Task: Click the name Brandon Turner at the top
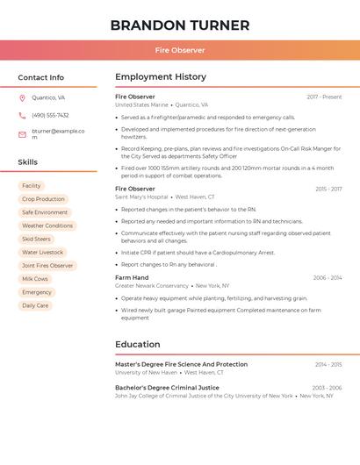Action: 180,25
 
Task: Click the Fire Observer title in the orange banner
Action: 180,50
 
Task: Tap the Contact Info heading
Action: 41,77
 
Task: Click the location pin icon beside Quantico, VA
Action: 22,98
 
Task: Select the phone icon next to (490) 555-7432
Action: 22,115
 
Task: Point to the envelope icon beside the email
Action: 22,134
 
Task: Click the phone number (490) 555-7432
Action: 50,115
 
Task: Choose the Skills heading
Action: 28,162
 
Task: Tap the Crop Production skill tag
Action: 43,199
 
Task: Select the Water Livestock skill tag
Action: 43,252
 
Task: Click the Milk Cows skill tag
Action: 35,279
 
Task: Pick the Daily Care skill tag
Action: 35,305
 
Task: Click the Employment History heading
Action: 161,77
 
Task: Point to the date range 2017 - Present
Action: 324,97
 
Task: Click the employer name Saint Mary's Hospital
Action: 142,197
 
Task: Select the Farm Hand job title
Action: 132,277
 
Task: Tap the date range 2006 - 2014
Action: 328,277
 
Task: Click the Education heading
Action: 138,344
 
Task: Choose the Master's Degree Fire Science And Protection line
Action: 181,364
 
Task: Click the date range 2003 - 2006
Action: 327,387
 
